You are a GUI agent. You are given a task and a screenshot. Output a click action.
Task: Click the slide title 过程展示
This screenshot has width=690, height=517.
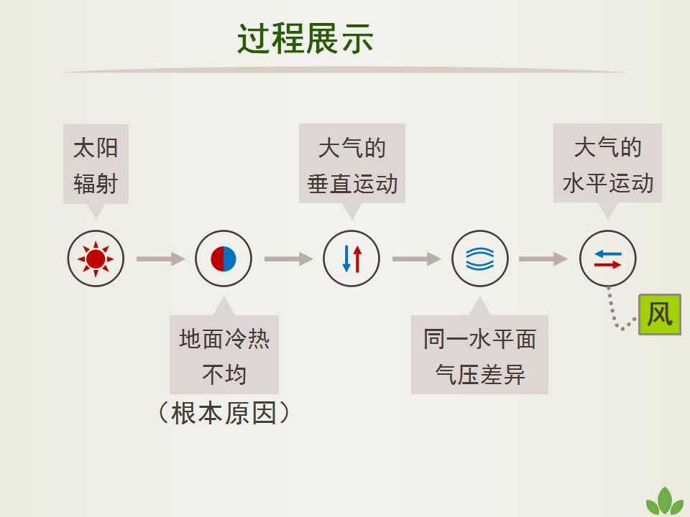pyautogui.click(x=305, y=39)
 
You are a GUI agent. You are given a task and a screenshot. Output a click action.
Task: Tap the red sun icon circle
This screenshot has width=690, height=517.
pyautogui.click(x=96, y=258)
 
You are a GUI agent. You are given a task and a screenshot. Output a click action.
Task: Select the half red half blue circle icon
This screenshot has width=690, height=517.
pyautogui.click(x=224, y=258)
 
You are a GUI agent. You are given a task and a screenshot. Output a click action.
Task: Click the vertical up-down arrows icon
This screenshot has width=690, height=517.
pyautogui.click(x=351, y=258)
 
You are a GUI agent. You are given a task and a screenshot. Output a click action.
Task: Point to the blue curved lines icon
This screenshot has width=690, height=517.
pyautogui.click(x=480, y=258)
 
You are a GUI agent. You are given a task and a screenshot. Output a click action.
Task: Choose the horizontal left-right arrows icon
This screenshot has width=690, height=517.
pyautogui.click(x=608, y=258)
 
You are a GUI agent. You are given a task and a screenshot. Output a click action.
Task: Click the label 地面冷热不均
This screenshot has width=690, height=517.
pyautogui.click(x=224, y=355)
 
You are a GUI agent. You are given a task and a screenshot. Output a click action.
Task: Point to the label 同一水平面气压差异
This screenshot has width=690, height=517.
pyautogui.click(x=479, y=355)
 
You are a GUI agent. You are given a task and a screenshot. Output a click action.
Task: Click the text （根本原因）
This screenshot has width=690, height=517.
pyautogui.click(x=224, y=413)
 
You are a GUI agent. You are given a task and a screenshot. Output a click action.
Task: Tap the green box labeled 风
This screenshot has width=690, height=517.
pyautogui.click(x=660, y=315)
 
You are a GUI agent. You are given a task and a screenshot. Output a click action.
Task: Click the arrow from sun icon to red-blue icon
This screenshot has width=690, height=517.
pyautogui.click(x=160, y=259)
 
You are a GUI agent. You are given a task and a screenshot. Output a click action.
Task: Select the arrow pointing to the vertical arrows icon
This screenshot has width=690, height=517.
pyautogui.click(x=289, y=259)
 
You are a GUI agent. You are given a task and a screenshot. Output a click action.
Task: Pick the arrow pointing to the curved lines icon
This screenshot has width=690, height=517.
pyautogui.click(x=416, y=259)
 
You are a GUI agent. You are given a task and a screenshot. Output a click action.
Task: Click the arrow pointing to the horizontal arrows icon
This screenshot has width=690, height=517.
pyautogui.click(x=543, y=259)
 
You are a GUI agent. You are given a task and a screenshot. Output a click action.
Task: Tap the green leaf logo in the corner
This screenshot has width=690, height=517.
pyautogui.click(x=665, y=502)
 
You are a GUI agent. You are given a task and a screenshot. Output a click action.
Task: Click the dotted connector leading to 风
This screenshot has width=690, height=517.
pyautogui.click(x=613, y=315)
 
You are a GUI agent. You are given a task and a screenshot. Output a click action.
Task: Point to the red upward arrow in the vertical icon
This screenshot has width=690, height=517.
pyautogui.click(x=358, y=259)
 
